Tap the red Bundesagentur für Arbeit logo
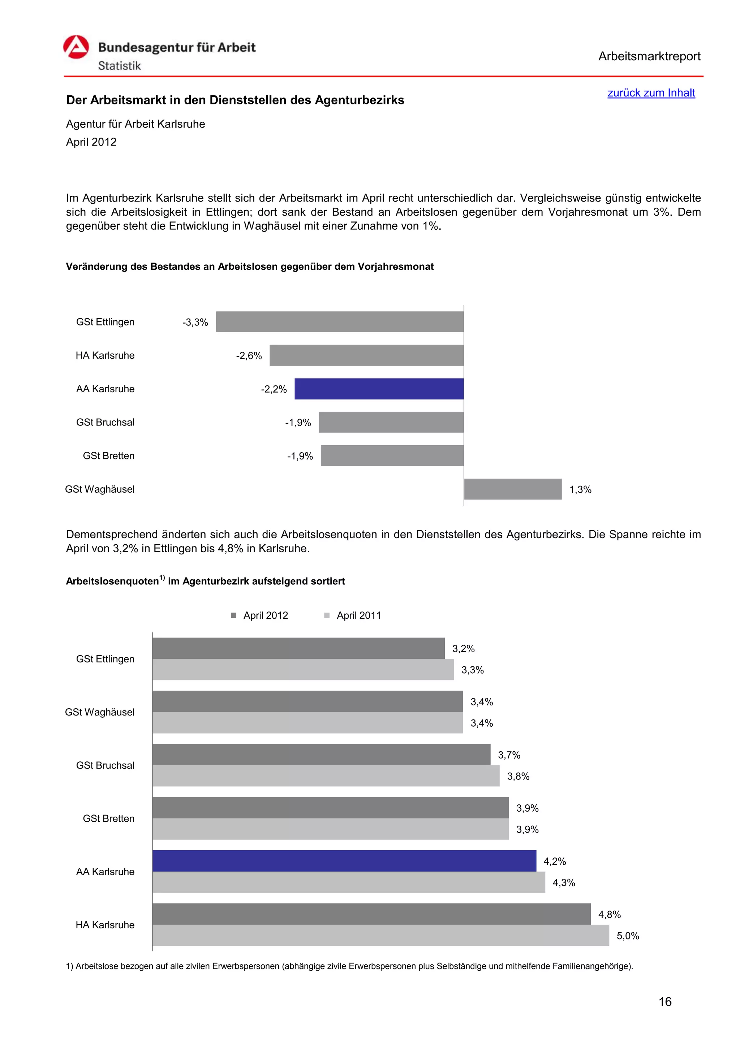pyautogui.click(x=76, y=48)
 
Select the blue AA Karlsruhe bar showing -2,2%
pyautogui.click(x=379, y=389)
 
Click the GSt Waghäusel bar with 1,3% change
pyautogui.click(x=513, y=489)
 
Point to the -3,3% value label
pyautogui.click(x=195, y=323)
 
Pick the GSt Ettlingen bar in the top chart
pyautogui.click(x=340, y=322)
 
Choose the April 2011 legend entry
pyautogui.click(x=353, y=615)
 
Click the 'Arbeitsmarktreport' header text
pyautogui.click(x=649, y=56)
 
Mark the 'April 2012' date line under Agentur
pyautogui.click(x=91, y=142)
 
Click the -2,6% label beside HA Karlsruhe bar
pyautogui.click(x=249, y=356)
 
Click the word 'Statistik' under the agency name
pyautogui.click(x=119, y=66)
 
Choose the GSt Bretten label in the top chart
pyautogui.click(x=108, y=456)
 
